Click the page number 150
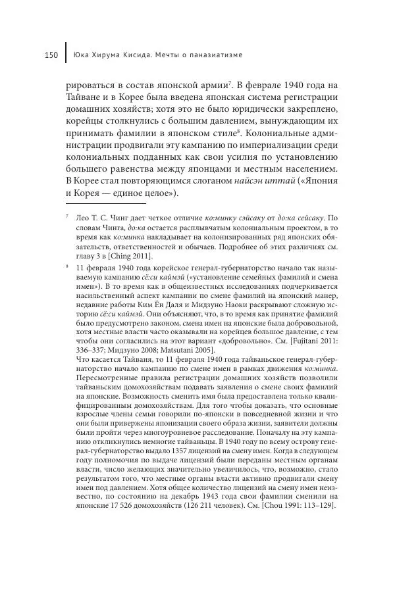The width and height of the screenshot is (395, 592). coord(53,55)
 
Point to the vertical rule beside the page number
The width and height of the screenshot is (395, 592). coord(66,54)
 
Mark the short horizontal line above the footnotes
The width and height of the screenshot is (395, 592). coord(105,206)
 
